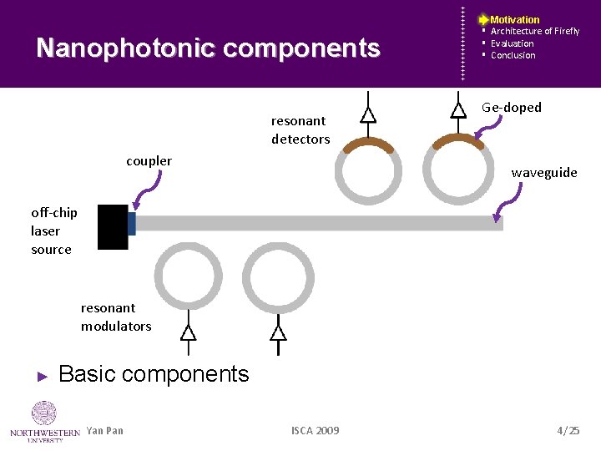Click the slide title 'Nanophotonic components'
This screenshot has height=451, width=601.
208,48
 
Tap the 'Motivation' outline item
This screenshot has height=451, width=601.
514,19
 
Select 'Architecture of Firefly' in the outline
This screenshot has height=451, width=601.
534,31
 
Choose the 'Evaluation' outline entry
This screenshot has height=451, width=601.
512,43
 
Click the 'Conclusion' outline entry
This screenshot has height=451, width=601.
513,55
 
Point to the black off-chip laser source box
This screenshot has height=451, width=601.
113,226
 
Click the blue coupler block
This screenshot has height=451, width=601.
132,223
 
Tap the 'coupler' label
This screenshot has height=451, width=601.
149,160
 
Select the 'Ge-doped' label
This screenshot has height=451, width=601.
512,108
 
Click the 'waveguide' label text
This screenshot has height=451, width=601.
544,172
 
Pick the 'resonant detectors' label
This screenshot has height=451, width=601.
300,129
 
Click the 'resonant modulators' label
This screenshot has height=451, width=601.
116,317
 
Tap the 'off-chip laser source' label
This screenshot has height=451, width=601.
53,231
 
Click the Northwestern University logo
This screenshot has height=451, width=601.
44,420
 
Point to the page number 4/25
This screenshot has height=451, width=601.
568,430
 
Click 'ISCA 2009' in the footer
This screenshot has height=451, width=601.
315,430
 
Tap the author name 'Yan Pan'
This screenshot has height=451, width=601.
104,430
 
